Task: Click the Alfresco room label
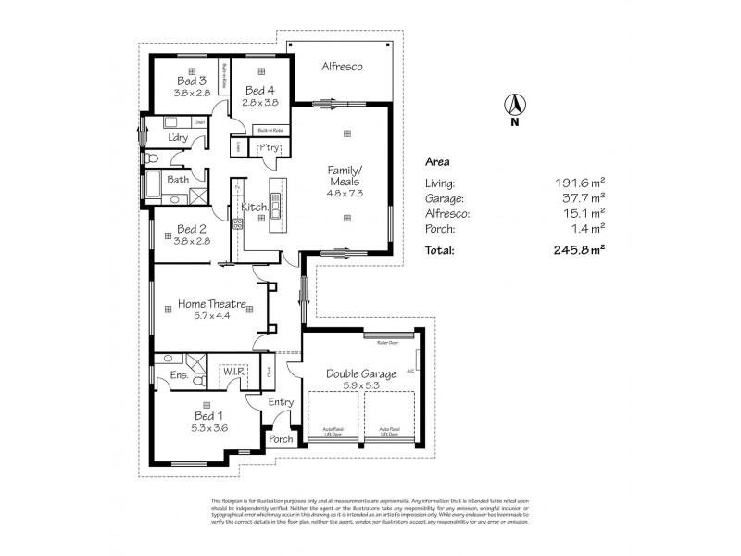point(341,68)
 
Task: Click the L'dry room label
point(178,139)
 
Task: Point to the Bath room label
point(178,180)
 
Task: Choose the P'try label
point(269,148)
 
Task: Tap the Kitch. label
point(255,208)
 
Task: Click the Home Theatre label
point(211,304)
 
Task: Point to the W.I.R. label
point(230,373)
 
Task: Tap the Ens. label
point(180,375)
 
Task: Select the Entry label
point(281,401)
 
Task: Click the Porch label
point(281,439)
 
